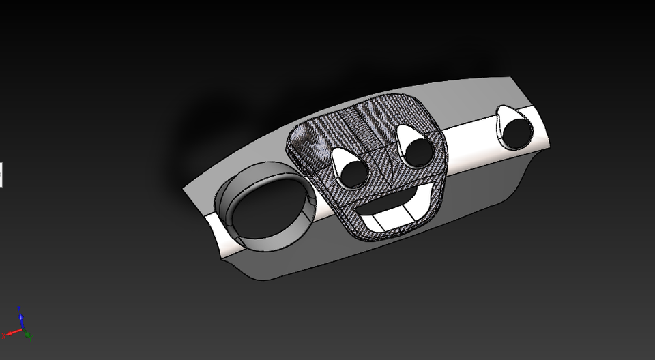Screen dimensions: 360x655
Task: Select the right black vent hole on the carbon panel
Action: coord(418,151)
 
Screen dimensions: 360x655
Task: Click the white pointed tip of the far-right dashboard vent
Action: coord(504,111)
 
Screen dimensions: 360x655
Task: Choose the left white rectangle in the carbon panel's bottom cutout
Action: coord(376,222)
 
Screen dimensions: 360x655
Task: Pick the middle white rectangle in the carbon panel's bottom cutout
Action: coord(398,217)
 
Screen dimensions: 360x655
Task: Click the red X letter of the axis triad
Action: coord(4,335)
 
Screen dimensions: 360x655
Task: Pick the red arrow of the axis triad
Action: coord(12,333)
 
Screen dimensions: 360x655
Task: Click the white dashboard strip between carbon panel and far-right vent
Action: coord(471,136)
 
